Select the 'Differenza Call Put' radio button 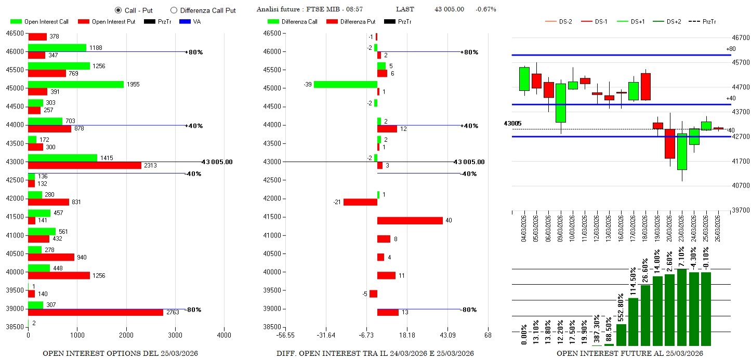point(174,10)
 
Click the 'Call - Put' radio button point(118,10)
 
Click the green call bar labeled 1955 point(76,84)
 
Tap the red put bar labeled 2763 point(96,312)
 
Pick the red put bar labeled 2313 point(84,165)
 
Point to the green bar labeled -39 point(345,84)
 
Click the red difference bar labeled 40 point(410,220)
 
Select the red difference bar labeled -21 point(360,202)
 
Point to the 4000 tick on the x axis point(225,336)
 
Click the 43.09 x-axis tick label point(447,336)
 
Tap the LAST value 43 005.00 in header point(449,9)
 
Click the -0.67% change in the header point(486,9)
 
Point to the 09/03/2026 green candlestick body point(560,103)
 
